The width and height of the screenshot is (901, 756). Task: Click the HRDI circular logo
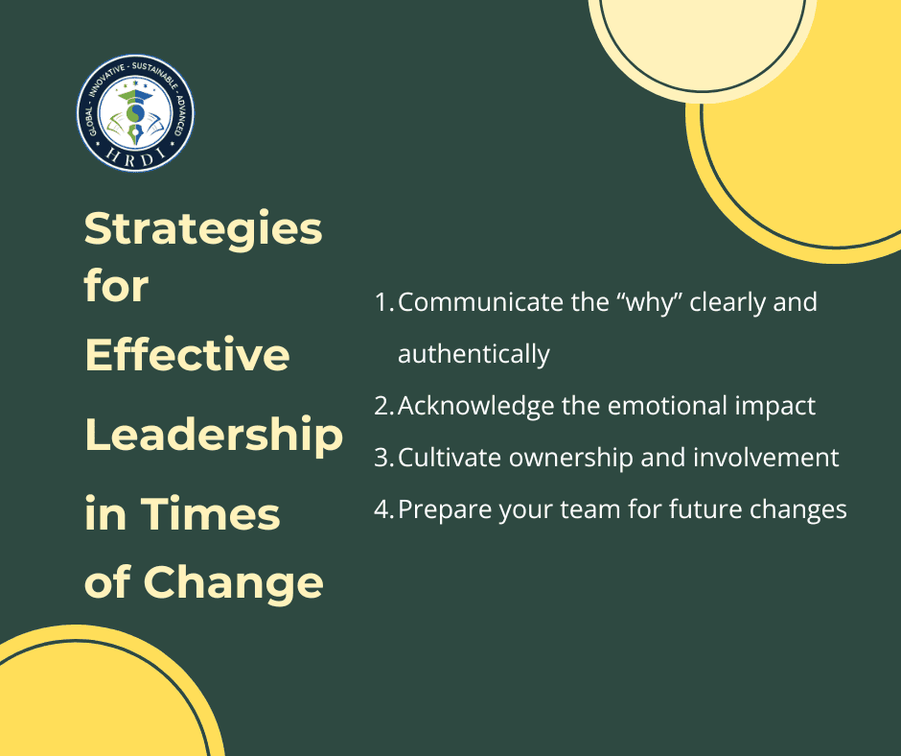tap(135, 113)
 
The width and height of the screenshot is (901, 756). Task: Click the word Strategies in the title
tap(203, 230)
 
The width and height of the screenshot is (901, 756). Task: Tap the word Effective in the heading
tap(187, 354)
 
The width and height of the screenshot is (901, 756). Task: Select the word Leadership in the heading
tap(214, 436)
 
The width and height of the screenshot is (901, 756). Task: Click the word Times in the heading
tap(210, 514)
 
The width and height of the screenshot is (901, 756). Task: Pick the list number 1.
tap(383, 302)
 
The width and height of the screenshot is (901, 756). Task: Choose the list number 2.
tap(383, 406)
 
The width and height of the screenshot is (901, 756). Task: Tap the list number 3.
tap(383, 458)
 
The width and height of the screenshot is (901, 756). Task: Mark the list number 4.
tap(383, 509)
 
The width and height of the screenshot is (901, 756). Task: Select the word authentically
tap(474, 354)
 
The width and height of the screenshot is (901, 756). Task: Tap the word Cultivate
tap(450, 458)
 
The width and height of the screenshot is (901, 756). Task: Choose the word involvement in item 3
tap(766, 458)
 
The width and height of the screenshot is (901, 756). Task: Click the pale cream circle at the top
tap(703, 35)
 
